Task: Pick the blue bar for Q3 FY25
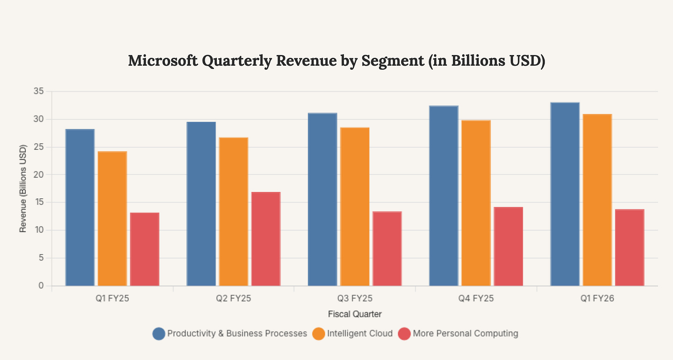(322, 199)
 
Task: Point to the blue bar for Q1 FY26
(565, 194)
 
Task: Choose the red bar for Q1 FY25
(145, 249)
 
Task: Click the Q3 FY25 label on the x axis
(355, 299)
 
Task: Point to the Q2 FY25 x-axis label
(233, 299)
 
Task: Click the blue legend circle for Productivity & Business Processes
(159, 334)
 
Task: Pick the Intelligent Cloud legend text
(360, 334)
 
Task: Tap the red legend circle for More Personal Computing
(404, 334)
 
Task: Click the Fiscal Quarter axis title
(355, 314)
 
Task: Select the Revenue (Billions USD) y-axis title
(23, 189)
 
